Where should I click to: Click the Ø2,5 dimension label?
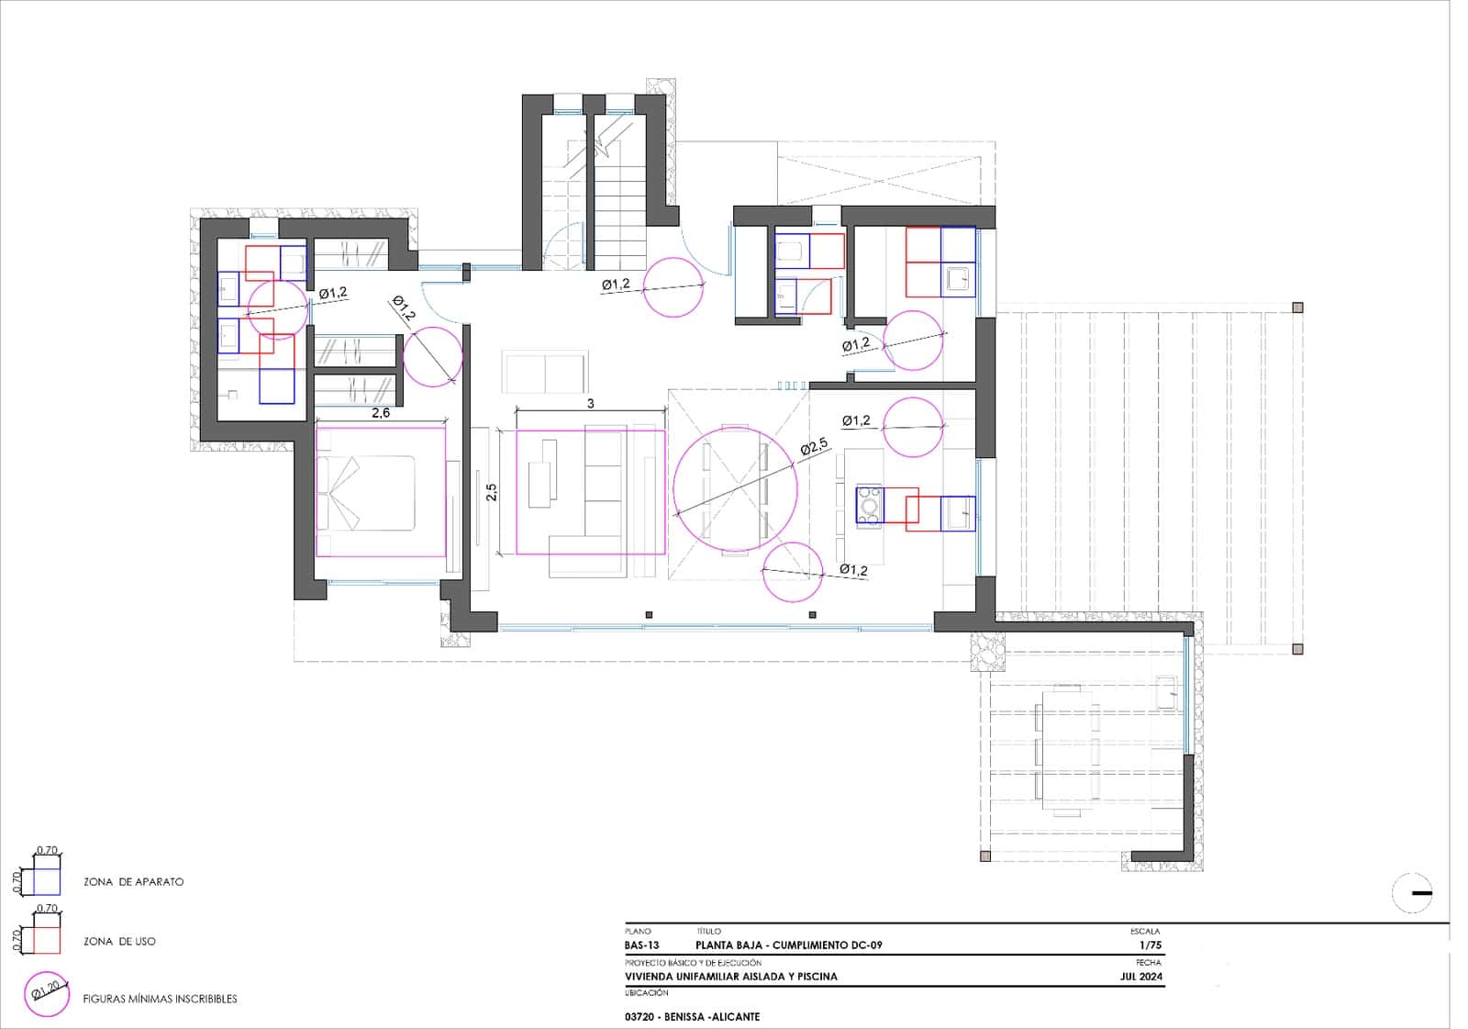click(x=814, y=447)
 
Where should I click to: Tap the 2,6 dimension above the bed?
click(x=381, y=412)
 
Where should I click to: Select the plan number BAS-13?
click(x=641, y=945)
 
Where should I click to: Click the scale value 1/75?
click(x=1151, y=945)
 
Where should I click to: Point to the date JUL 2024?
click(x=1141, y=977)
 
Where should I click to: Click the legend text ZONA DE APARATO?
click(x=134, y=882)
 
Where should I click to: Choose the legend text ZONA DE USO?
click(x=119, y=941)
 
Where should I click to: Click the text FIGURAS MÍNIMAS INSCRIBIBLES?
click(x=160, y=999)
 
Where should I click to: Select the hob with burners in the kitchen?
click(x=870, y=507)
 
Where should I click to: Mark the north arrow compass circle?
click(x=1412, y=893)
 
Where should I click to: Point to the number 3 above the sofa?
click(x=591, y=404)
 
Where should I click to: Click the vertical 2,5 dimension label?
click(x=492, y=492)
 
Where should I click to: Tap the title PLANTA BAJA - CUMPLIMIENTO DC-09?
click(x=789, y=945)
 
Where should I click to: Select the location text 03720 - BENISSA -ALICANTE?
click(x=692, y=1016)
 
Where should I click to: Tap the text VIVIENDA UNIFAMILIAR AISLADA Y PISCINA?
click(x=730, y=977)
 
